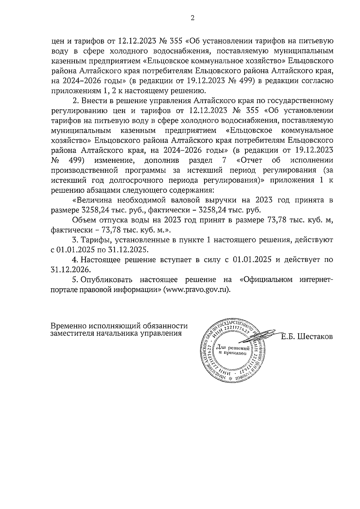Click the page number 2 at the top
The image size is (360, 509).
(x=192, y=18)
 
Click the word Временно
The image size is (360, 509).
(x=67, y=326)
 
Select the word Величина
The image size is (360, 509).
(x=93, y=200)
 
